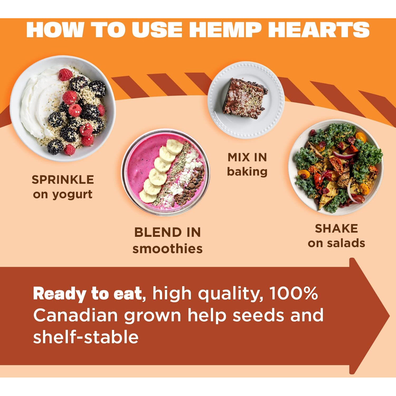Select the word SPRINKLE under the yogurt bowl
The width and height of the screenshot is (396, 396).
click(x=63, y=180)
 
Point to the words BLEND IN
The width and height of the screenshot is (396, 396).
click(x=168, y=232)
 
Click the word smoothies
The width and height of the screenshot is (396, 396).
click(x=168, y=248)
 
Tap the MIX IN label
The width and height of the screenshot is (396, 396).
click(x=247, y=157)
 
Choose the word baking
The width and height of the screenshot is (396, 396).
click(x=247, y=172)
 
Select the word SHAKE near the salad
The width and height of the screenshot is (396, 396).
click(x=336, y=229)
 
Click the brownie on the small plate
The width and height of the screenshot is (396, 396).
click(x=245, y=98)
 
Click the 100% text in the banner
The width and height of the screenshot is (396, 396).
click(x=294, y=293)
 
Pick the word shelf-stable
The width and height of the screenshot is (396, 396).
click(x=86, y=337)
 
